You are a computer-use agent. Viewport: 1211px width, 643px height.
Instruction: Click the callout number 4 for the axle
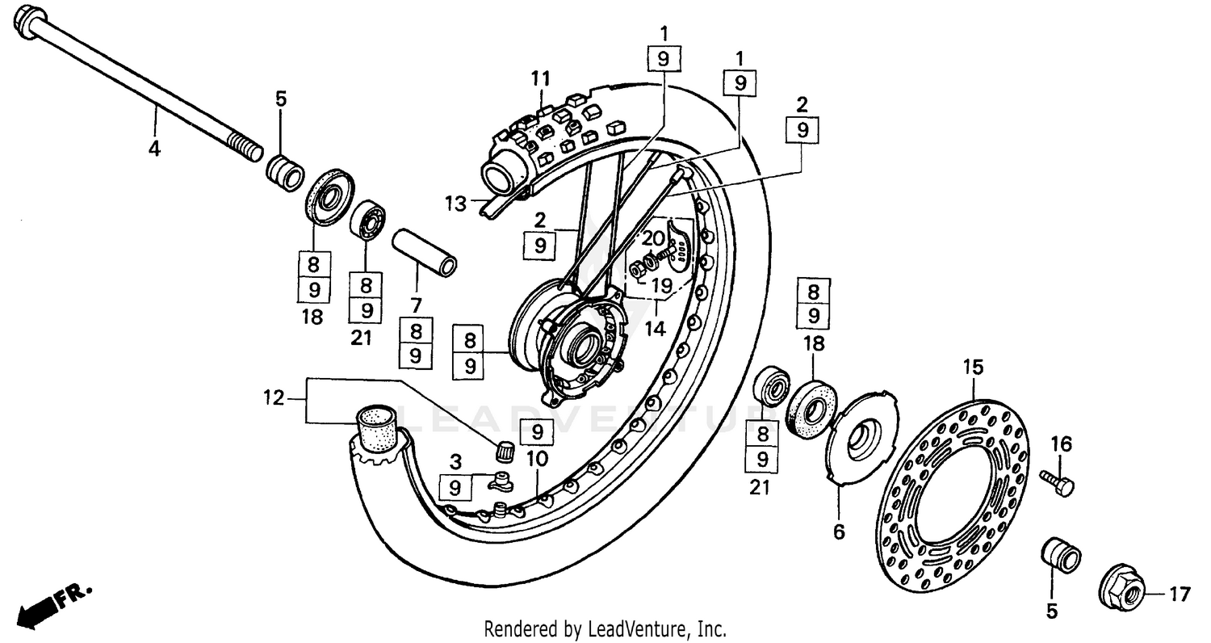pos(153,149)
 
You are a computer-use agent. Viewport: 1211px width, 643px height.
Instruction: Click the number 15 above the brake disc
pos(973,368)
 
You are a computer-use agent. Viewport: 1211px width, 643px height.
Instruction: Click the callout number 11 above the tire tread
pos(540,79)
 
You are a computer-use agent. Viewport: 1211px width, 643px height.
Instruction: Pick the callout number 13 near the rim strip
pos(456,204)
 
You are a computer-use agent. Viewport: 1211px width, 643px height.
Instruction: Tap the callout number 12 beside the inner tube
pos(274,397)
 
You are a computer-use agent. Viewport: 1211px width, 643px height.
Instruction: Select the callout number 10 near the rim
pos(537,459)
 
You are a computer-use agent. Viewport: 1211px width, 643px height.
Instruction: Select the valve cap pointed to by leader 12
pos(505,451)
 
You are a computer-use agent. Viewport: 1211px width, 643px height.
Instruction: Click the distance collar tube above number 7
pos(424,252)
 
